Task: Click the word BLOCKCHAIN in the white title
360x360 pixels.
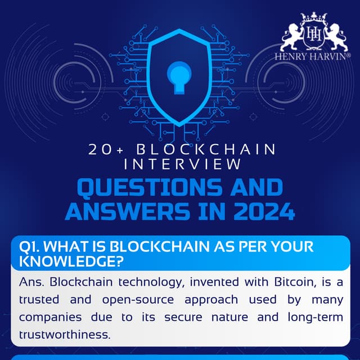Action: click(x=208, y=150)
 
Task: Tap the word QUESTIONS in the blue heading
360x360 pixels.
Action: click(x=138, y=187)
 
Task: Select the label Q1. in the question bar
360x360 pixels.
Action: click(x=30, y=247)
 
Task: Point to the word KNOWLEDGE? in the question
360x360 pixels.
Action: click(x=71, y=260)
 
